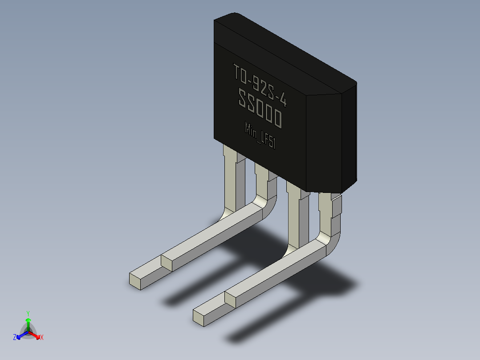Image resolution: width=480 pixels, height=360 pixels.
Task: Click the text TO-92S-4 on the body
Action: (260, 85)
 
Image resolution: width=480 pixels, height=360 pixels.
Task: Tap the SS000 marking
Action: (260, 108)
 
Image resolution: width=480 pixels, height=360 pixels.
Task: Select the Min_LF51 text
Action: (260, 135)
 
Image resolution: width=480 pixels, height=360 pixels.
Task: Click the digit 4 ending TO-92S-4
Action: (283, 100)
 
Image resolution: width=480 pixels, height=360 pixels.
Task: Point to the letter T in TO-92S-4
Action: (236, 72)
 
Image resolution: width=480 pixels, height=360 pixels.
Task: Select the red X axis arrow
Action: (35, 335)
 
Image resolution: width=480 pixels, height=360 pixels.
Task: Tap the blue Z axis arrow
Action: (22, 335)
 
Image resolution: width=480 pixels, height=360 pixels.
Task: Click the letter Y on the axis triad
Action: (28, 313)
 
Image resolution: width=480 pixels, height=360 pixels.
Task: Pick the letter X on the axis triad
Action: (42, 337)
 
